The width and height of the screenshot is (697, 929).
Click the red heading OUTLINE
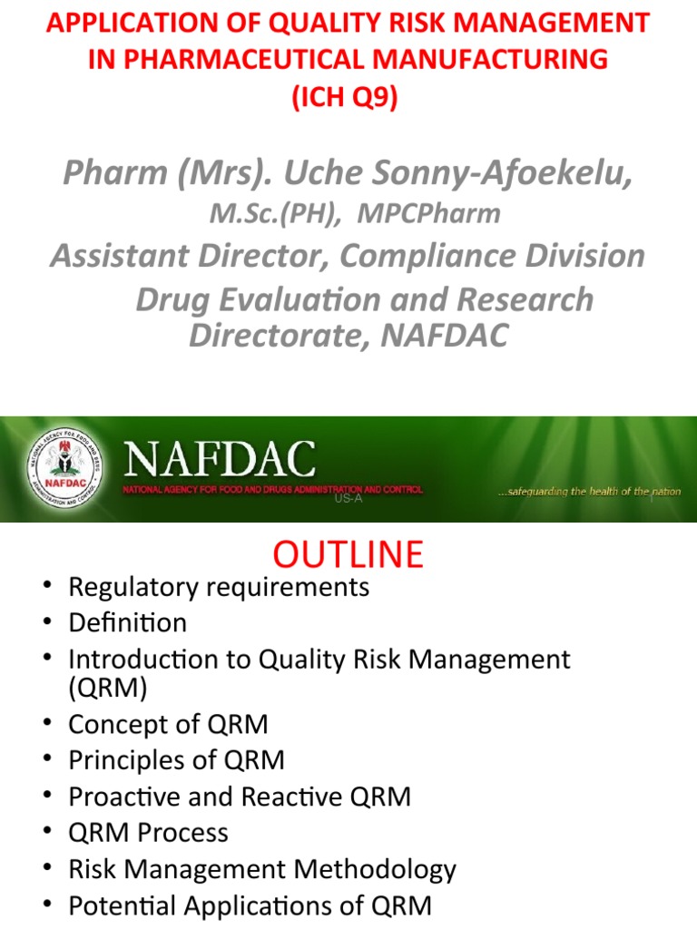[x=349, y=553]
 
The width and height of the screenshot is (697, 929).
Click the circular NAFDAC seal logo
[x=64, y=470]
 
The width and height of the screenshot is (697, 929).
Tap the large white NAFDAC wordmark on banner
[x=221, y=461]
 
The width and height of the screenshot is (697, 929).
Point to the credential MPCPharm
[x=428, y=214]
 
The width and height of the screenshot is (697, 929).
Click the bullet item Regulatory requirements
[x=219, y=587]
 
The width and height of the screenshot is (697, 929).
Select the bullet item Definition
[x=127, y=622]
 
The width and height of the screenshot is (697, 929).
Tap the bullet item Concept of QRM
[x=168, y=725]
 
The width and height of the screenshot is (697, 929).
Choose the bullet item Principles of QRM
[x=176, y=760]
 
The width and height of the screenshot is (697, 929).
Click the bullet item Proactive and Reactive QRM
[x=240, y=797]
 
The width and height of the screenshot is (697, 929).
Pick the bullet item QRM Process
[x=148, y=832]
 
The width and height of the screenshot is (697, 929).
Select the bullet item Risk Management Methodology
[x=262, y=870]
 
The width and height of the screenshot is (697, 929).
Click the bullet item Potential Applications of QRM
[x=250, y=905]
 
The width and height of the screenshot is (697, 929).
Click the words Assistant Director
[x=191, y=256]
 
